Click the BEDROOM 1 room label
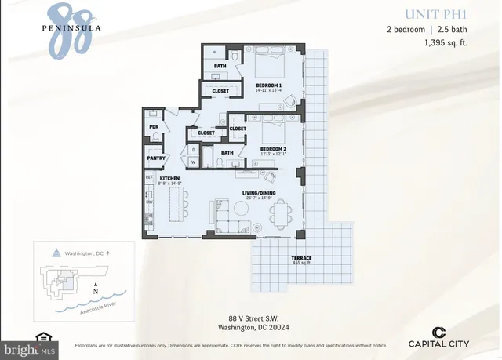tap(268, 85)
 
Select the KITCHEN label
tap(171, 179)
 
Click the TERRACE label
tap(301, 258)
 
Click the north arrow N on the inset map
tap(95, 287)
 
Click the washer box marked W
tap(193, 162)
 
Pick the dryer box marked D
tap(193, 148)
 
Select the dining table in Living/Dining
tap(279, 213)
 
